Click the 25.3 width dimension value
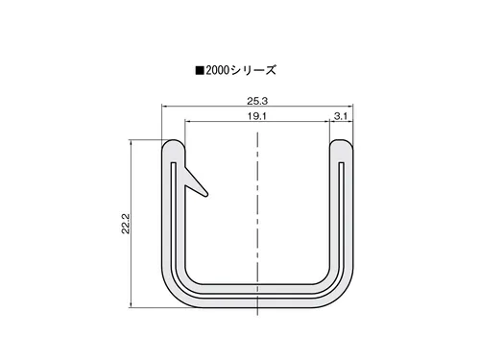click(x=257, y=101)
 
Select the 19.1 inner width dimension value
click(x=256, y=116)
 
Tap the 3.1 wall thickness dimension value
click(x=341, y=116)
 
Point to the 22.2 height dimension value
click(x=126, y=224)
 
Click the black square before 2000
click(x=200, y=70)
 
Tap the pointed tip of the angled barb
click(x=206, y=194)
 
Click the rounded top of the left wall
click(x=173, y=142)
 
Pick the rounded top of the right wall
click(x=341, y=142)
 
